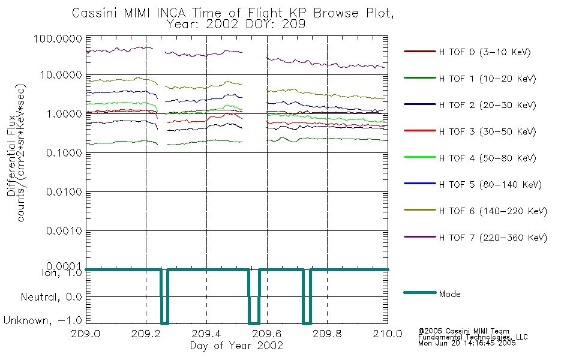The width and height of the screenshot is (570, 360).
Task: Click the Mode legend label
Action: click(449, 294)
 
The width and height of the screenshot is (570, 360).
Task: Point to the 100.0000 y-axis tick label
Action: click(58, 38)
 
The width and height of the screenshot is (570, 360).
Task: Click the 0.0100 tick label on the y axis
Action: click(64, 192)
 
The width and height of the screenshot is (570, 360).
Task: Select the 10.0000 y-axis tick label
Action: click(61, 75)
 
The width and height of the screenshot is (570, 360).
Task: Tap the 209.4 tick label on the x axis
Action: click(206, 334)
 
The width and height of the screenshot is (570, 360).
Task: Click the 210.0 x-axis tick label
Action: click(388, 334)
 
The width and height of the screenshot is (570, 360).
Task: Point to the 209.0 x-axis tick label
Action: click(86, 334)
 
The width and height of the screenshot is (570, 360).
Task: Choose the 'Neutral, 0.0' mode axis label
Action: click(51, 298)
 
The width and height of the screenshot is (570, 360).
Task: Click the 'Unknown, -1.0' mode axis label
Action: click(43, 321)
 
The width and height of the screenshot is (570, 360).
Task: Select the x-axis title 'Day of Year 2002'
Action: click(236, 346)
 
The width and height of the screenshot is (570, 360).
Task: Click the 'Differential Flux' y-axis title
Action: click(11, 155)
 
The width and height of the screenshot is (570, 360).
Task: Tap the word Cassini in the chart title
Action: click(95, 13)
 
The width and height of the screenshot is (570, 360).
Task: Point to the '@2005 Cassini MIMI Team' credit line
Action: click(463, 331)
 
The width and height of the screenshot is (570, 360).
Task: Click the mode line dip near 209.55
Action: click(254, 323)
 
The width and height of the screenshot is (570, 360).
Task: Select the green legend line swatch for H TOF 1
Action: click(420, 78)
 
